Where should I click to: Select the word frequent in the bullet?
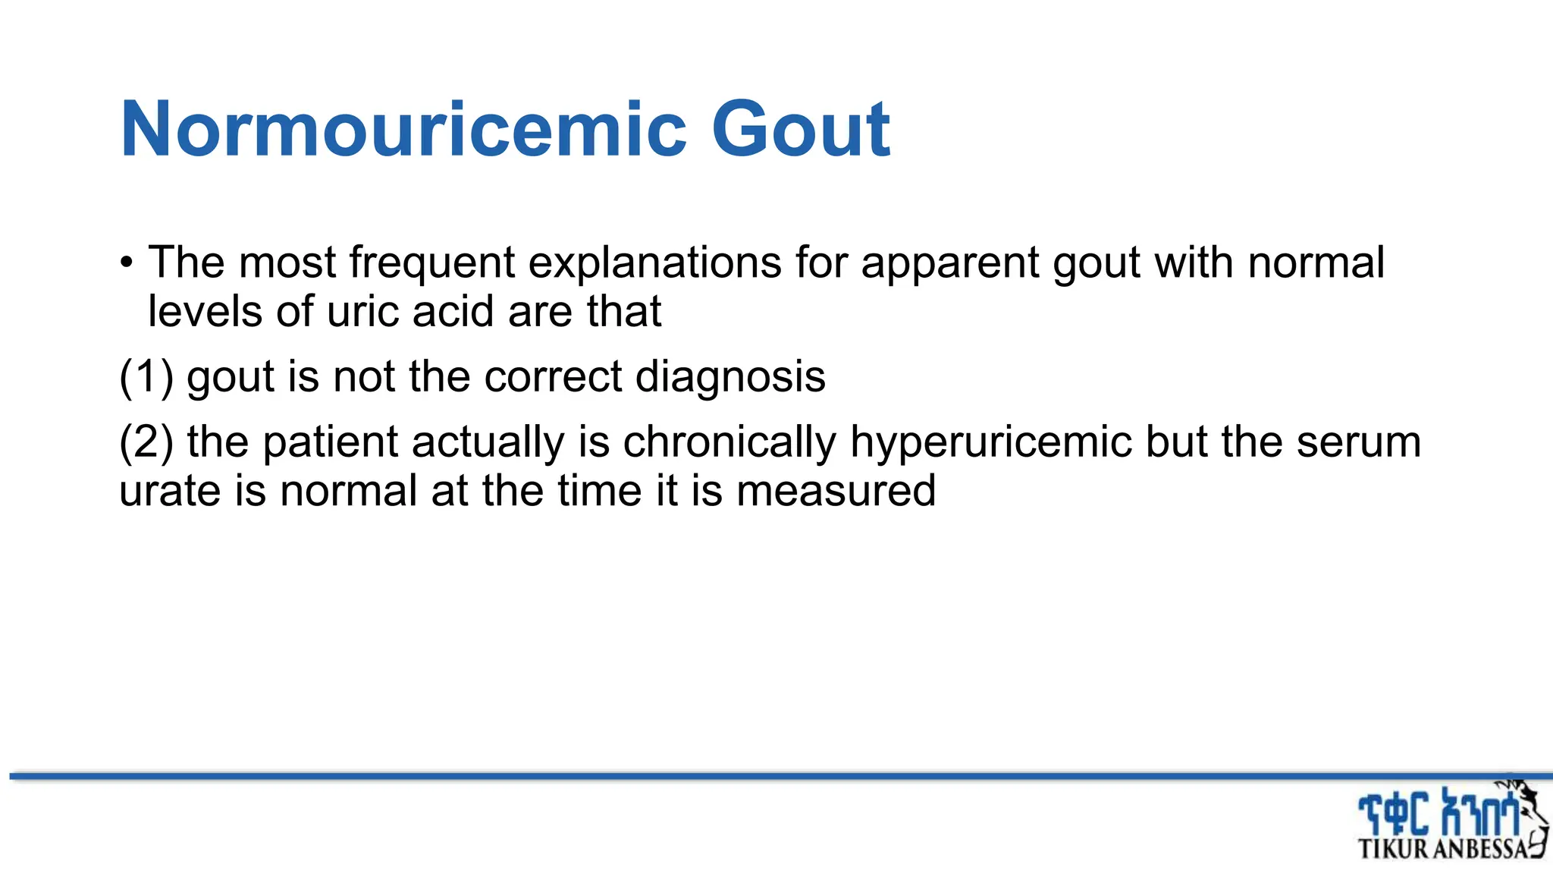click(431, 263)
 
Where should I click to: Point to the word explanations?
click(654, 263)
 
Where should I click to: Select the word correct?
click(552, 376)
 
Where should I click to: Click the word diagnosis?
click(730, 376)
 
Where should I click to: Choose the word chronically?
click(729, 442)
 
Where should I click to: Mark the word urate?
click(170, 491)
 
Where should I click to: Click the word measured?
click(836, 491)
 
